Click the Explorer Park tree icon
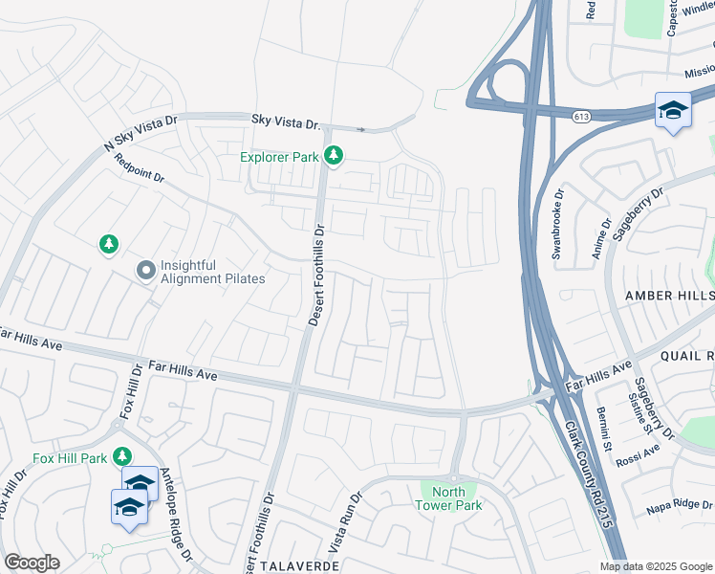pyautogui.click(x=333, y=154)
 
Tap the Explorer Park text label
pyautogui.click(x=278, y=156)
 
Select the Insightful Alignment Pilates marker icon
pyautogui.click(x=145, y=271)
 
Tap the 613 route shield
pyautogui.click(x=580, y=116)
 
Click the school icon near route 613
pyautogui.click(x=673, y=110)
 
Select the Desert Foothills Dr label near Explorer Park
pyautogui.click(x=317, y=276)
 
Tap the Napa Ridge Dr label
pyautogui.click(x=681, y=504)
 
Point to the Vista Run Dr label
pyautogui.click(x=344, y=523)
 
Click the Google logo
pyautogui.click(x=32, y=563)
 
